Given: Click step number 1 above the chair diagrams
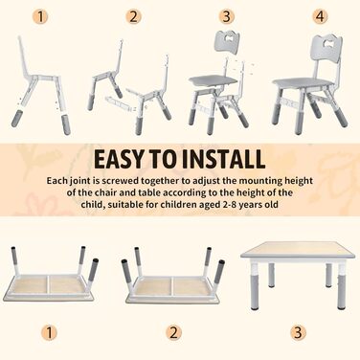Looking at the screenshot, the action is pyautogui.click(x=40, y=17).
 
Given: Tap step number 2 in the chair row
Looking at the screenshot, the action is pyautogui.click(x=133, y=17).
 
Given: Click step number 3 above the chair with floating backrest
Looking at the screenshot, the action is pyautogui.click(x=226, y=17).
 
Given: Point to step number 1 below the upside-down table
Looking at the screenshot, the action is pyautogui.click(x=49, y=333).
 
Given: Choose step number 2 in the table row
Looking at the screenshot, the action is pyautogui.click(x=173, y=333).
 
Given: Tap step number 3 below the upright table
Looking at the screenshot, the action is pyautogui.click(x=298, y=333).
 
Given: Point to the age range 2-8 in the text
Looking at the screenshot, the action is pyautogui.click(x=230, y=205).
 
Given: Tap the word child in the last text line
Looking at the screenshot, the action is pyautogui.click(x=93, y=205).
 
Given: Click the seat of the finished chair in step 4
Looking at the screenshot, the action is pyautogui.click(x=303, y=82).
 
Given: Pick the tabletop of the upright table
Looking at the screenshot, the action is pyautogui.click(x=299, y=250).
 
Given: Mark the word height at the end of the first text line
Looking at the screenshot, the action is pyautogui.click(x=299, y=181).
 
